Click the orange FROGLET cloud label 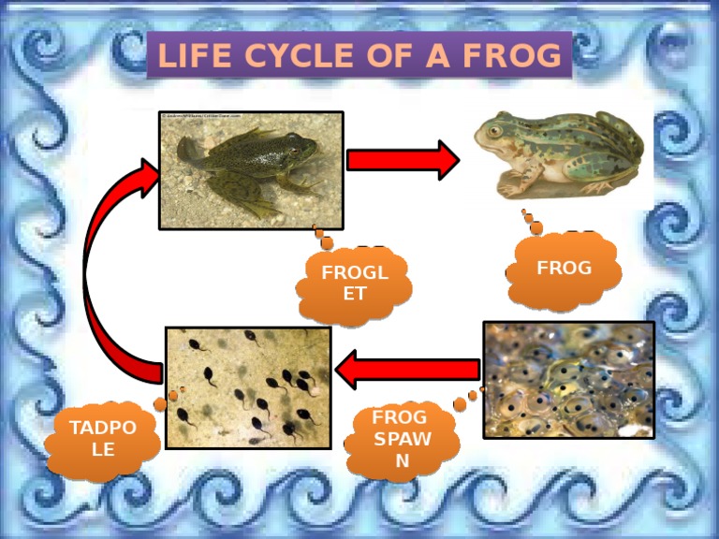[x=353, y=283]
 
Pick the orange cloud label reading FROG [x=564, y=269]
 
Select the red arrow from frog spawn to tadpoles [x=406, y=369]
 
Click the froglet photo [x=251, y=169]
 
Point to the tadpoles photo [x=247, y=386]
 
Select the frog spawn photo [x=567, y=379]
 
